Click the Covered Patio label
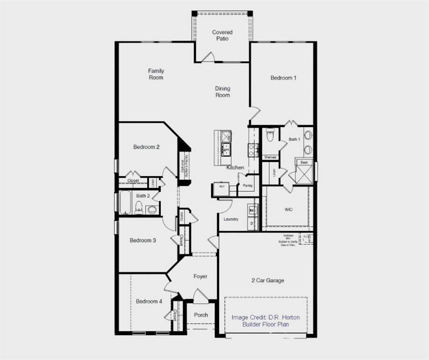222,35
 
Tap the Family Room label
156,74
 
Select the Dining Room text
222,92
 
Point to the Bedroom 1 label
283,78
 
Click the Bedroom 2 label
146,147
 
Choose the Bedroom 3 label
143,240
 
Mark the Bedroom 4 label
149,301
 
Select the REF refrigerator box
221,189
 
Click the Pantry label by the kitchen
247,186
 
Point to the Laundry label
231,219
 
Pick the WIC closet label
288,209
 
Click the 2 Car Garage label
267,280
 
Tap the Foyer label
200,277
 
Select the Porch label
201,315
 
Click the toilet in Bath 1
270,136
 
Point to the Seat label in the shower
304,162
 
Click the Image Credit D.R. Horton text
266,317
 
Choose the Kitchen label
235,167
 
